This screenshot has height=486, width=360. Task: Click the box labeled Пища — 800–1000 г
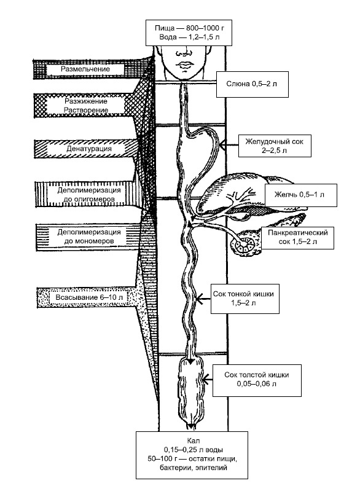click(x=189, y=33)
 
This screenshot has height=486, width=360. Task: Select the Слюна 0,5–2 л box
click(x=252, y=84)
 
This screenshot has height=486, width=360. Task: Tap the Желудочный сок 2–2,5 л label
click(x=275, y=146)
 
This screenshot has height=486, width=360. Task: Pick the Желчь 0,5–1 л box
click(x=300, y=195)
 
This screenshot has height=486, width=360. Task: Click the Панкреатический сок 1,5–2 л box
click(x=297, y=237)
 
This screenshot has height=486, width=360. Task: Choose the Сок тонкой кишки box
click(x=245, y=298)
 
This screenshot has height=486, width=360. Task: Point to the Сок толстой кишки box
click(x=257, y=380)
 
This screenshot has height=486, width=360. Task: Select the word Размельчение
click(x=85, y=69)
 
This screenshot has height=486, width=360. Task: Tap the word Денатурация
click(x=89, y=149)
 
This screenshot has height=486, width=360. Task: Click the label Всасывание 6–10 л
click(x=89, y=297)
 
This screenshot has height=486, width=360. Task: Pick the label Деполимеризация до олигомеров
click(x=89, y=194)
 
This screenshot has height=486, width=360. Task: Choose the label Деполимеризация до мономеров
click(x=89, y=236)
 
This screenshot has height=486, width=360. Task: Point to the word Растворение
click(x=86, y=110)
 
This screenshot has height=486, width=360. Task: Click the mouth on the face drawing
click(x=185, y=65)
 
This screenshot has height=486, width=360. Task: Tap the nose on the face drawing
click(x=184, y=53)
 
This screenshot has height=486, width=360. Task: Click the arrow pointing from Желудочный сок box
click(x=229, y=144)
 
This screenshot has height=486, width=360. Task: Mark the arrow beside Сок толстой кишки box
click(x=208, y=378)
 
